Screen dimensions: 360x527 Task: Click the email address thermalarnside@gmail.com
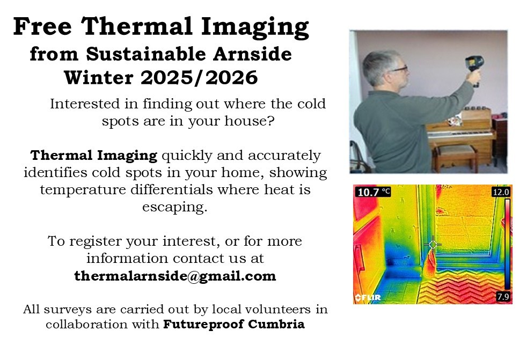175,277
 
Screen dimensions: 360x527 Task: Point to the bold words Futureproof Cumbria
234,325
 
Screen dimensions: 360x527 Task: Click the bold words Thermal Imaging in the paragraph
94,156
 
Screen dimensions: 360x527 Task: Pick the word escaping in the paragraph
174,208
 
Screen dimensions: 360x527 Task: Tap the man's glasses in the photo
399,69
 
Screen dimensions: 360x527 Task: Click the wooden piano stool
456,153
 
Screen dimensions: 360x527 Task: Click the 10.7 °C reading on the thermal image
372,192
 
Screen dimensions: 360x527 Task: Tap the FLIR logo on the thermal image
366,297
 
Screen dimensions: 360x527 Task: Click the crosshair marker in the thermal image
433,245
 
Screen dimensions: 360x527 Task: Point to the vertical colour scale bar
506,244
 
